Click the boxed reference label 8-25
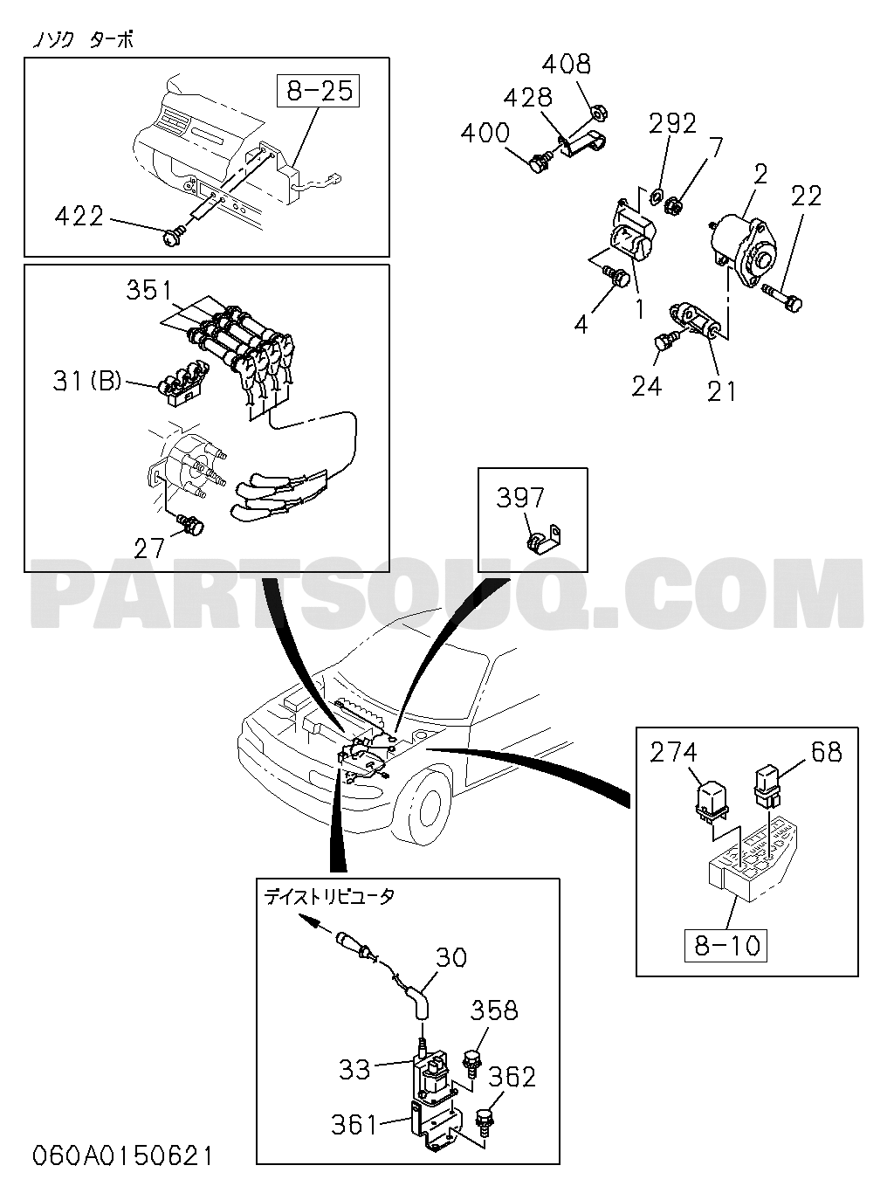(319, 91)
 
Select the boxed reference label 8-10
(726, 945)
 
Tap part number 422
(79, 216)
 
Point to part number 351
(149, 290)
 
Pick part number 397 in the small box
(520, 498)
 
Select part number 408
(566, 64)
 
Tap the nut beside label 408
(600, 111)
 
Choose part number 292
(672, 124)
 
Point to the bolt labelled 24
(664, 341)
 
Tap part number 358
(494, 1010)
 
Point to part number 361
(354, 1124)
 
